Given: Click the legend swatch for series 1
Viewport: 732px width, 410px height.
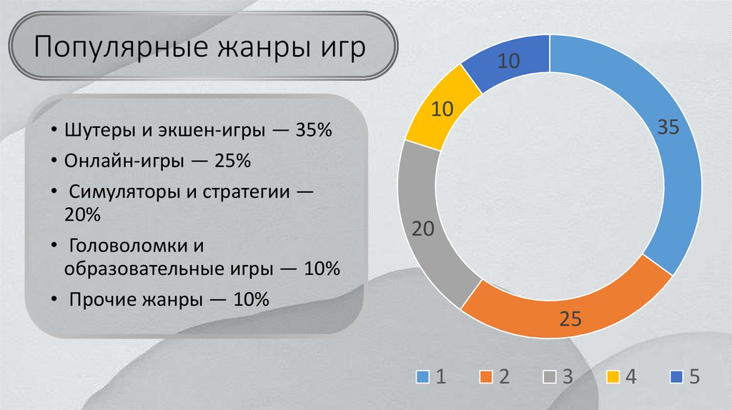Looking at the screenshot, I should pyautogui.click(x=423, y=377).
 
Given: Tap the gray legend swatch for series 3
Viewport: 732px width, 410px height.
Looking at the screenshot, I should pyautogui.click(x=550, y=377).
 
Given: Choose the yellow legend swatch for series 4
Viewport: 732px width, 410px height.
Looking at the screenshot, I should pyautogui.click(x=613, y=377).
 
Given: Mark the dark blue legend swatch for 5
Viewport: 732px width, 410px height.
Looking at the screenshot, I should pyautogui.click(x=677, y=377).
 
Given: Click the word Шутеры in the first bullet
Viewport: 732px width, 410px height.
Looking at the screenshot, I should pyautogui.click(x=93, y=132).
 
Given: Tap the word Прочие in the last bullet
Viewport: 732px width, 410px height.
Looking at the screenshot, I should pyautogui.click(x=97, y=300).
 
